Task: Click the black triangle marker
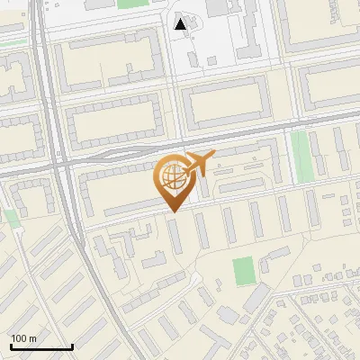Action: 181,24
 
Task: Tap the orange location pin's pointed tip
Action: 171,211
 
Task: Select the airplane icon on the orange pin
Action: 195,165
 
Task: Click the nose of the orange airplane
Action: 212,156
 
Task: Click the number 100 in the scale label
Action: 20,338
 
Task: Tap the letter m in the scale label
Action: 33,338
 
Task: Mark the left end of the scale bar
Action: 11,346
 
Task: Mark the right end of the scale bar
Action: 72,346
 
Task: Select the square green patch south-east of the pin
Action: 242,269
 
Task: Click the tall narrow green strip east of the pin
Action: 300,155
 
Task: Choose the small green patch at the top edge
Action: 130,4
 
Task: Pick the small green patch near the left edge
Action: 11,217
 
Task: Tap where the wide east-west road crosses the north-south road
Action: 62,165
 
